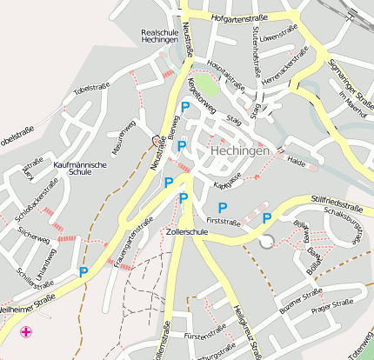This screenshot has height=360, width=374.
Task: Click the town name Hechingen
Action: coord(240,151)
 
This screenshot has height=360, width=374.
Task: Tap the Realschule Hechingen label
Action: coord(159,37)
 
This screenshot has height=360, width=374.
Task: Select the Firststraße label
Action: coord(223,222)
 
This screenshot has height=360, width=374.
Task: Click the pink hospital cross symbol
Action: coord(26,331)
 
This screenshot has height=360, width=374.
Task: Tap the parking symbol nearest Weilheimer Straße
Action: coord(83,271)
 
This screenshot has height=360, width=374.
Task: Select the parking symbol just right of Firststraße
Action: coord(267,217)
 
